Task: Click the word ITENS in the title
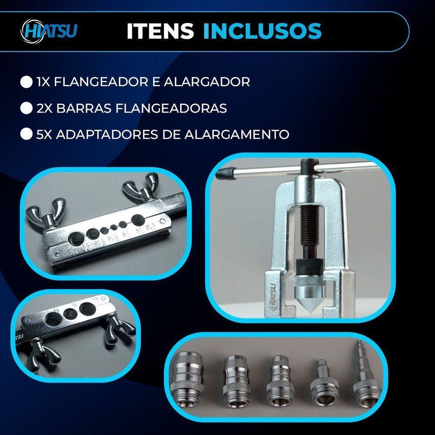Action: point(160,32)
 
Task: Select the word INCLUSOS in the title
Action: point(262,32)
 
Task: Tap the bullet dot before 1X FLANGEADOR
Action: point(27,82)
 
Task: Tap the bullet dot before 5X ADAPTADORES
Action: point(27,134)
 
